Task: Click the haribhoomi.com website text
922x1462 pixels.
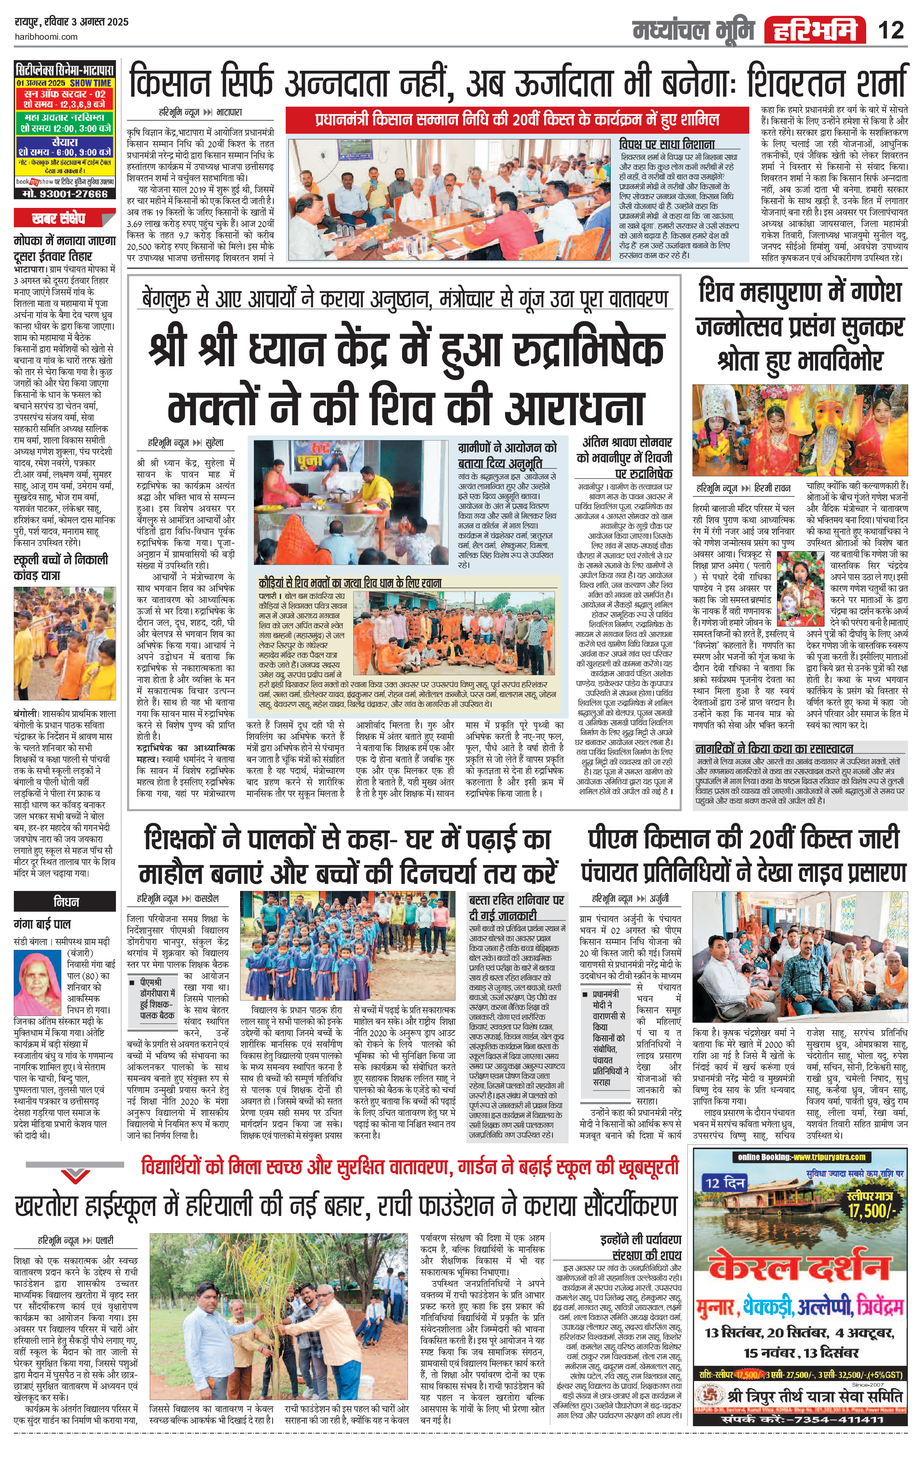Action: pos(46,37)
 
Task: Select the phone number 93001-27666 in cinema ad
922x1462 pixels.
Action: pos(65,194)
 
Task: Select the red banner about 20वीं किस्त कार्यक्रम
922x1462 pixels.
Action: pos(516,119)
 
